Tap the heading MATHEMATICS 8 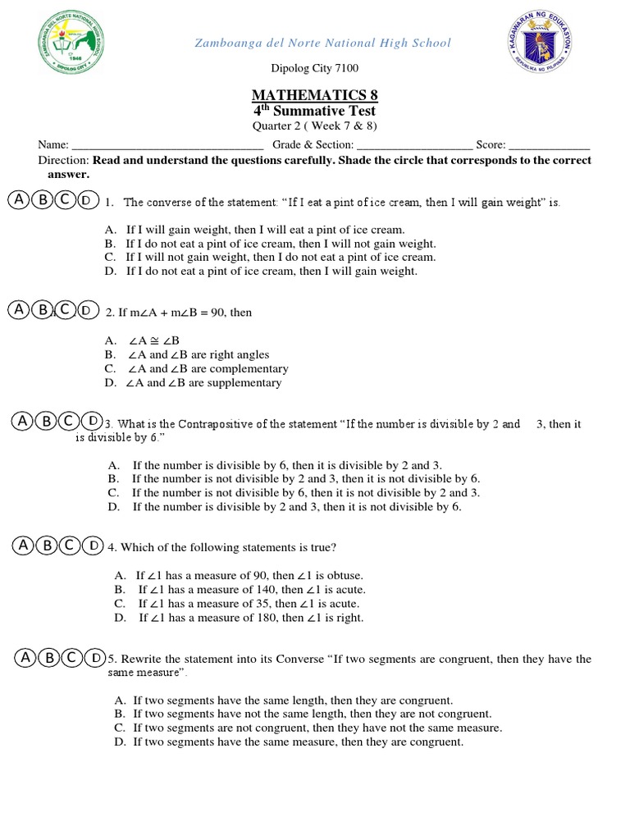pos(314,95)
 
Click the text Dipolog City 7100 pos(314,69)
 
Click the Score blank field pos(550,145)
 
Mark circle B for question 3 pos(47,422)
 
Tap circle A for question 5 pos(26,658)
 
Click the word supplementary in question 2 pos(249,383)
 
